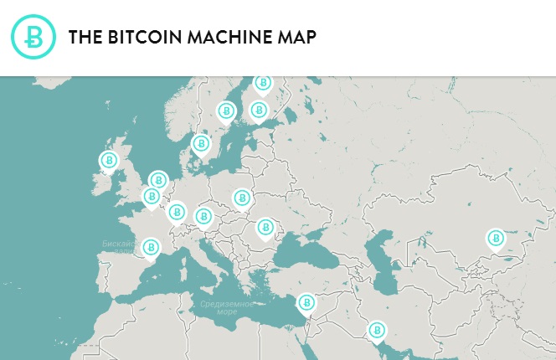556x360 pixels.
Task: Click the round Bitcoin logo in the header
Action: point(33,37)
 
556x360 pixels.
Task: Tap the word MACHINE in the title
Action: point(234,38)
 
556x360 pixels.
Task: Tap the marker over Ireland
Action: point(109,160)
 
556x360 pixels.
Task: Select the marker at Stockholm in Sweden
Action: point(226,111)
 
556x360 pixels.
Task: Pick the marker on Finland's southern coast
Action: point(260,111)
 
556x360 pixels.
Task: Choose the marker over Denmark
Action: point(201,144)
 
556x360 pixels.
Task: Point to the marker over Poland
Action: point(243,198)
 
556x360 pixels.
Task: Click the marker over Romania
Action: point(265,227)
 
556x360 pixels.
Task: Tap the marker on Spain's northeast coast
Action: point(151,248)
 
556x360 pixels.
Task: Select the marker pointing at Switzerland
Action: point(177,212)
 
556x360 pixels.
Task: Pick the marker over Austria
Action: point(203,217)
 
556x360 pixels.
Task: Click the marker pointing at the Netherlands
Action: point(158,180)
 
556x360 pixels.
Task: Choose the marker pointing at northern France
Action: point(152,197)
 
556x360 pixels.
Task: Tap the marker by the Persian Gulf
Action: point(378,331)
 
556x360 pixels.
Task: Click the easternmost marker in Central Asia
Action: point(496,239)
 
